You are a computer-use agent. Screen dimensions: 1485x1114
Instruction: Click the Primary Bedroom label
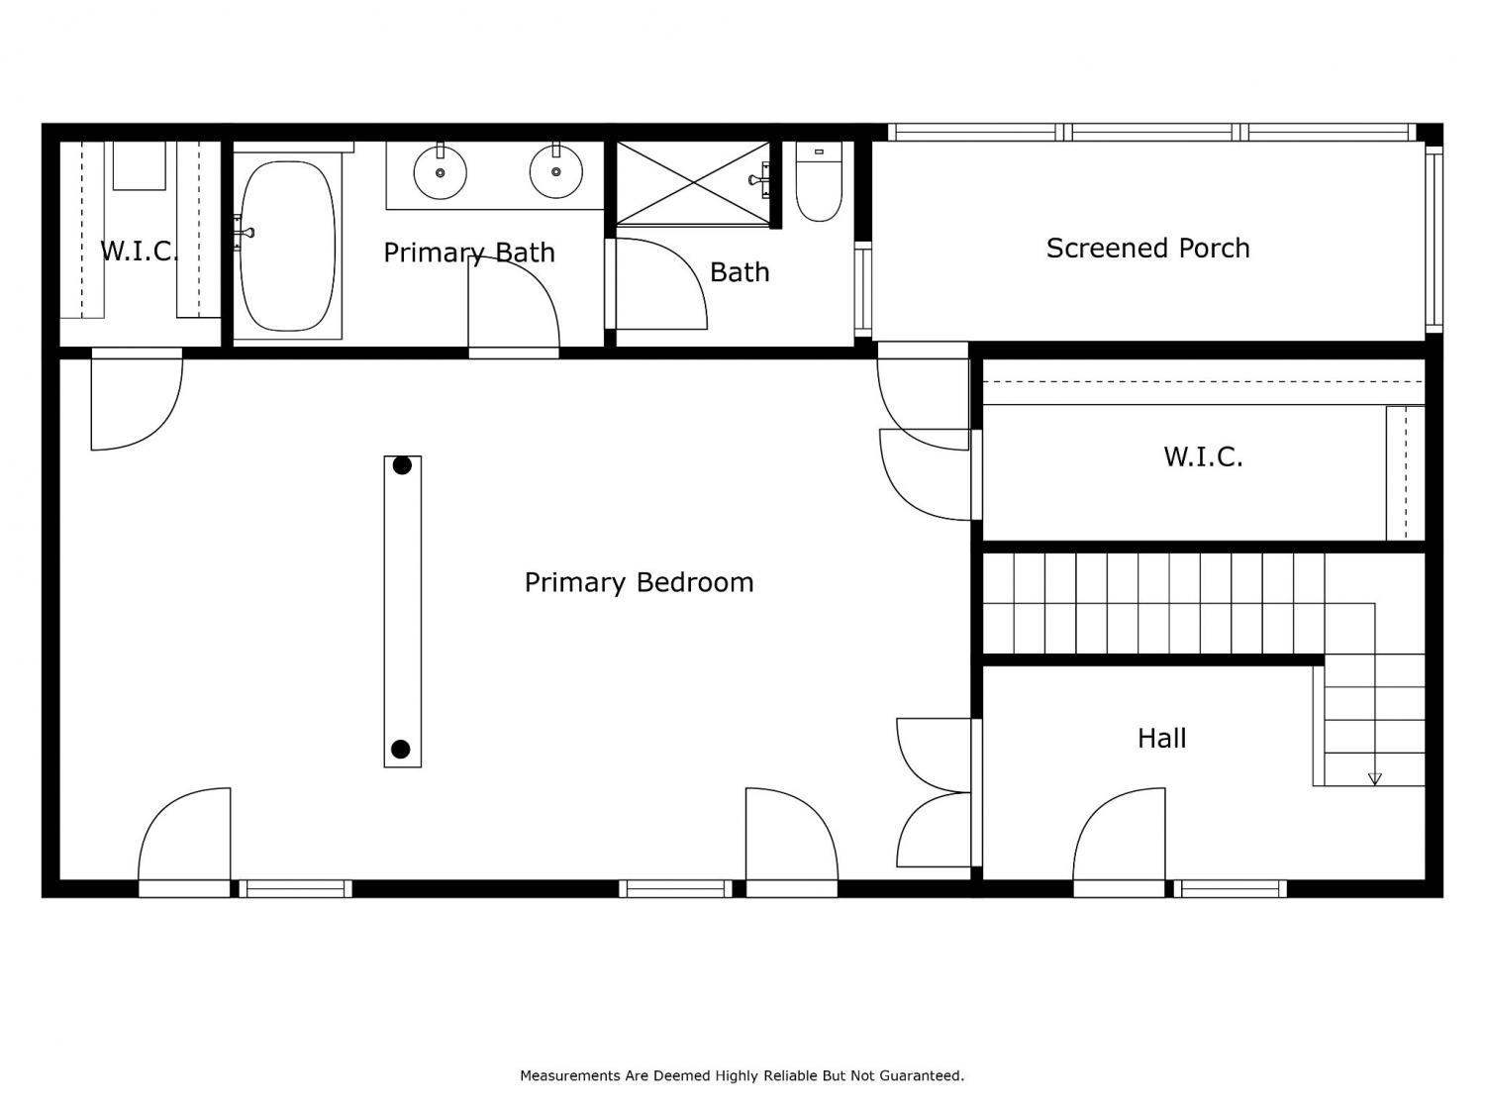(639, 583)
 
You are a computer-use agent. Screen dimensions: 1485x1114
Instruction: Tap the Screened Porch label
(1147, 249)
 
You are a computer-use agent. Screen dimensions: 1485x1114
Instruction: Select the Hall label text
(1161, 738)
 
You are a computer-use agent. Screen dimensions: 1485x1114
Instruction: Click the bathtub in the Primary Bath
(287, 247)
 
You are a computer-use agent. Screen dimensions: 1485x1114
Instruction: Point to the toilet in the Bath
(819, 181)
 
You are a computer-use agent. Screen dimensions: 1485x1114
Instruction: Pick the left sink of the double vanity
(440, 171)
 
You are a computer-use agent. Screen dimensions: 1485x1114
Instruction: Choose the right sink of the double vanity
(555, 171)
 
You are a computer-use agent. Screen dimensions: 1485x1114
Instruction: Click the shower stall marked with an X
(693, 182)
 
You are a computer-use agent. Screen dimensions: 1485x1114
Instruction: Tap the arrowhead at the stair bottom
(1375, 778)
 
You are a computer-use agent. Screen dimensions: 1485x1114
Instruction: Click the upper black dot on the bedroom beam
(402, 465)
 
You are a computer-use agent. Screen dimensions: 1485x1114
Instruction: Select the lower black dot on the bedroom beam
(401, 750)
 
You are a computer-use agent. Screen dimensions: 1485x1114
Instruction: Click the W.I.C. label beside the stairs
(1203, 457)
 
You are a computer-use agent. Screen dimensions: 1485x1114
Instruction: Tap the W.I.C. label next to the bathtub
(139, 251)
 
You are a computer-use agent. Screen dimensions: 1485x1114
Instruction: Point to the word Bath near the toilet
(740, 272)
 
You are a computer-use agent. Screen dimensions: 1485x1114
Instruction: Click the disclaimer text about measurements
(742, 1075)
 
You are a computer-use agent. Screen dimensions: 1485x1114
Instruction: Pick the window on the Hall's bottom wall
(1230, 889)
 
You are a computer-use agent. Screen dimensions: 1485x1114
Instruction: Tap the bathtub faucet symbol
(243, 233)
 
